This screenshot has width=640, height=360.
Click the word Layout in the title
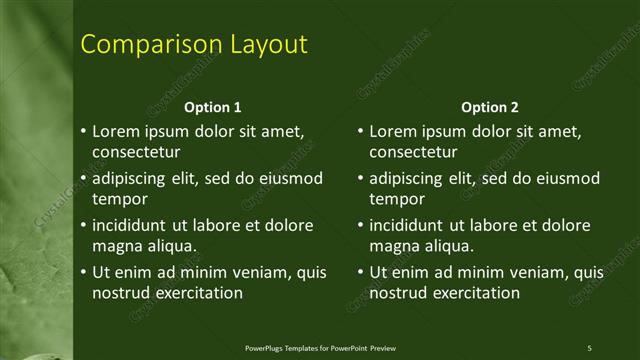[261, 45]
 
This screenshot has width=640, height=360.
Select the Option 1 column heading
[213, 107]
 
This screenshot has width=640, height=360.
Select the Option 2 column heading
[490, 107]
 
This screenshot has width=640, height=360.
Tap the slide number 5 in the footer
[589, 348]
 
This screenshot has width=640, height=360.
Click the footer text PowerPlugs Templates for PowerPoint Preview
[320, 348]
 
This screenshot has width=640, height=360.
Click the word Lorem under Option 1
[116, 131]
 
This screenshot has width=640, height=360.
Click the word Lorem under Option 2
[393, 131]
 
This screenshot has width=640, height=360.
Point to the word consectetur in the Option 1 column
[136, 153]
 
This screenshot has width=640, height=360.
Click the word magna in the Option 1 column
[116, 246]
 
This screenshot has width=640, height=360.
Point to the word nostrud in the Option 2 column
[398, 293]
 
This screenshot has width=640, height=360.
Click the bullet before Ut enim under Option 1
[83, 272]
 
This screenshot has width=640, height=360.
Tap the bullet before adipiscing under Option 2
[360, 178]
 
